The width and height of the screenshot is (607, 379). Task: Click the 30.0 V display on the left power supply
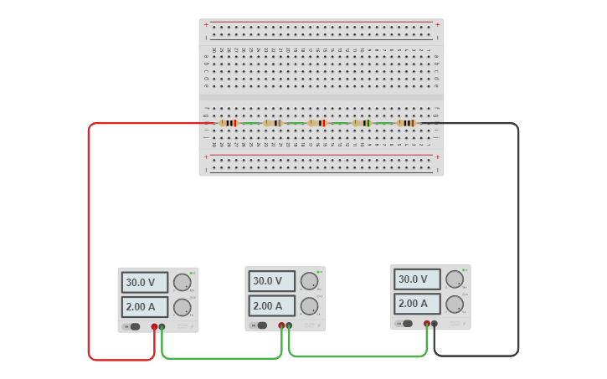tap(144, 282)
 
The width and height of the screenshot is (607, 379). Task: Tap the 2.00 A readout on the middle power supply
tap(271, 306)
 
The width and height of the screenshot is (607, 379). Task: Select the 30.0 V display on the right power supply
tap(417, 279)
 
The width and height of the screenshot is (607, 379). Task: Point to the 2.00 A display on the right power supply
tap(417, 304)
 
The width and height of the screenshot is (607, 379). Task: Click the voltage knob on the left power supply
tap(182, 283)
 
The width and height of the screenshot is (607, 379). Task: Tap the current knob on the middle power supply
tap(309, 305)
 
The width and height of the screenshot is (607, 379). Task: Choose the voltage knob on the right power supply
tap(454, 279)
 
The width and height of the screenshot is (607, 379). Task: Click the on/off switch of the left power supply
tap(134, 326)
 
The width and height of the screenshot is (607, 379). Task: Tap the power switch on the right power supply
tap(407, 323)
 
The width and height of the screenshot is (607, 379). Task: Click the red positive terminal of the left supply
tap(154, 326)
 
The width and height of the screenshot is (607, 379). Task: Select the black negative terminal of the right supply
tap(434, 323)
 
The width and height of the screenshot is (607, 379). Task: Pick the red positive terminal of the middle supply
tap(281, 325)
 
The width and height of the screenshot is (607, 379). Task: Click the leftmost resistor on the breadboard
tap(228, 123)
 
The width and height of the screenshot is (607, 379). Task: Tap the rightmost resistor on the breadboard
tap(406, 123)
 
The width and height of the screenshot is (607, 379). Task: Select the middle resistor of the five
tap(317, 123)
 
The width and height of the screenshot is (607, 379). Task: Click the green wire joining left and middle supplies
tap(222, 358)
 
